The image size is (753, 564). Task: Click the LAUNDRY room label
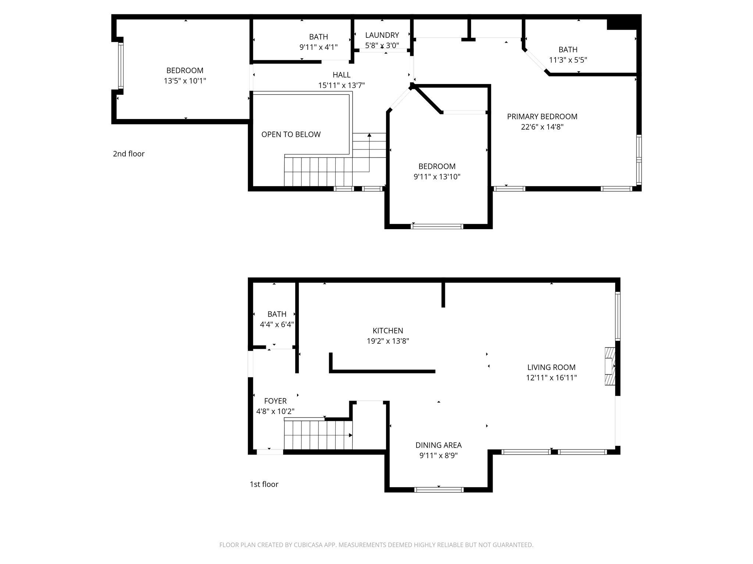[382, 35]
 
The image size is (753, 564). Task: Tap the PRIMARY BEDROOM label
[542, 117]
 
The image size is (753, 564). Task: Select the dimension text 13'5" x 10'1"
[185, 81]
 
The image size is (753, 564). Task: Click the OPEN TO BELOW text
[291, 134]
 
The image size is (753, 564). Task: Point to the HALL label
[341, 75]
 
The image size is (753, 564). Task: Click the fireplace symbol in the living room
[610, 366]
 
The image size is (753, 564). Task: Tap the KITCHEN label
[388, 330]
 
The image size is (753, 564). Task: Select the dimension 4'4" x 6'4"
[277, 325]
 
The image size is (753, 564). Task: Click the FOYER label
[275, 401]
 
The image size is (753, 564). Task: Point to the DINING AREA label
[438, 445]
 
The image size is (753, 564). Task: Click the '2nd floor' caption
[129, 154]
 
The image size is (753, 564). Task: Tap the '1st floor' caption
[264, 484]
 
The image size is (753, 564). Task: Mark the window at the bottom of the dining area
[439, 489]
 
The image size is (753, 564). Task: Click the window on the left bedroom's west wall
[121, 66]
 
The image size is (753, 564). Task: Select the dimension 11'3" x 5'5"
[568, 60]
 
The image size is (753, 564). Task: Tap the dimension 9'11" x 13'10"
[437, 177]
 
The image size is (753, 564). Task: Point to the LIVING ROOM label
[551, 367]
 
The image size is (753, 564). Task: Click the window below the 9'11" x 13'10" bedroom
[437, 226]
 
